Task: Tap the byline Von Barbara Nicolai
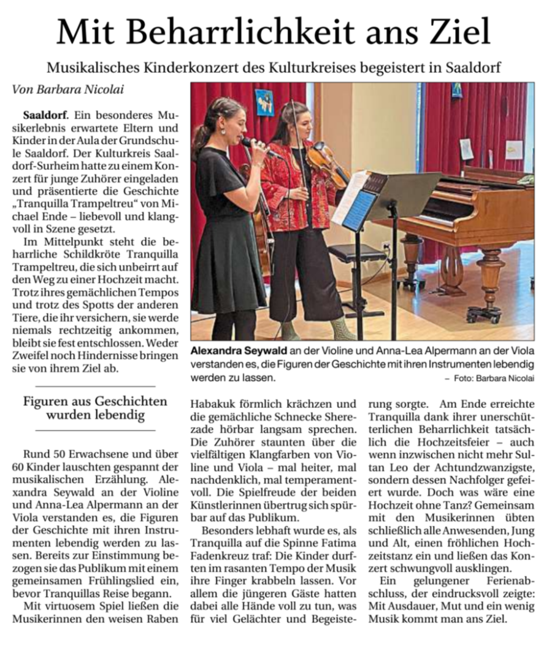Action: pos(68,90)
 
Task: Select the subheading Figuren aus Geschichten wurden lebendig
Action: pos(95,409)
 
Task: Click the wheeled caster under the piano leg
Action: pos(481,314)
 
